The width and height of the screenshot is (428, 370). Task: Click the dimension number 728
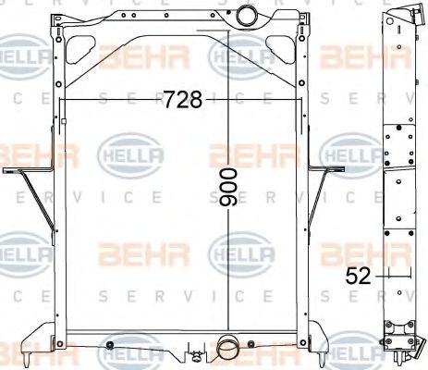tap(182, 100)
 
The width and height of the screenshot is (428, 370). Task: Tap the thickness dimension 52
tap(359, 274)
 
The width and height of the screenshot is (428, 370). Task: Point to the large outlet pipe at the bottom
tap(228, 349)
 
